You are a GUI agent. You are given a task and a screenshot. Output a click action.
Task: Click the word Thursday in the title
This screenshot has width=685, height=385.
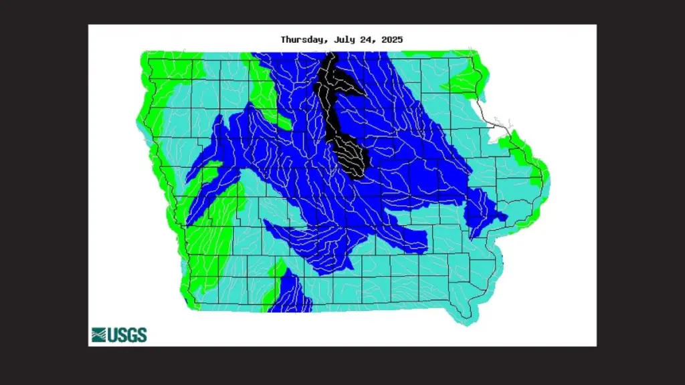click(302, 39)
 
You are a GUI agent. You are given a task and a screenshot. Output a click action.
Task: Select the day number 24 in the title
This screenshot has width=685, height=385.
click(367, 39)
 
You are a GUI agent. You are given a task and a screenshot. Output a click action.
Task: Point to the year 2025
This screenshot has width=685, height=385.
click(392, 39)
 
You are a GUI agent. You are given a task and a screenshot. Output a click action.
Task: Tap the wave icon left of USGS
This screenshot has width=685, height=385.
click(98, 335)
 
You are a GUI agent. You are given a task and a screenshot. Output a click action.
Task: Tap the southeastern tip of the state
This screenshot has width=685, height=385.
click(468, 319)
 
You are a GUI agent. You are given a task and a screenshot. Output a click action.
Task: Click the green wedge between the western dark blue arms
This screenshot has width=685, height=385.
click(221, 201)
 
